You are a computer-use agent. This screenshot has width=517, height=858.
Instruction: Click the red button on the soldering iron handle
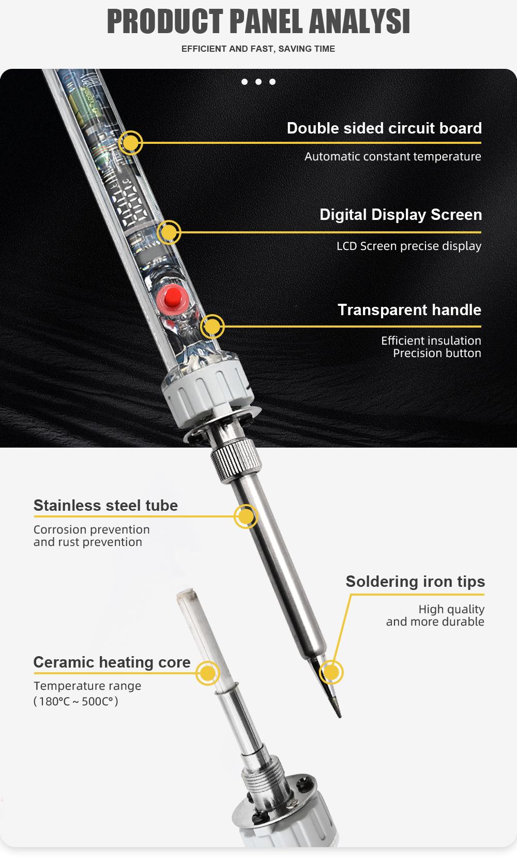[173, 297]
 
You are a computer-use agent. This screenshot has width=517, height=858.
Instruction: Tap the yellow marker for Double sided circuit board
[130, 143]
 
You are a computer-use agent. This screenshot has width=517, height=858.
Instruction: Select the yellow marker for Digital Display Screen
[169, 232]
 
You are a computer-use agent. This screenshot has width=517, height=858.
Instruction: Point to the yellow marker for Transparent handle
[212, 327]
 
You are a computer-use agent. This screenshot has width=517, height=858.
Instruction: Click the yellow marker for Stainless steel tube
[246, 516]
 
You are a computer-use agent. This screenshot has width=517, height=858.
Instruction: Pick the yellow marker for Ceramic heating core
[207, 673]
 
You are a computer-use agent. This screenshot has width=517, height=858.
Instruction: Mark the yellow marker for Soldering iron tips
[331, 672]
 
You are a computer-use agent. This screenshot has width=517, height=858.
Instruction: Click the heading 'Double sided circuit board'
[384, 128]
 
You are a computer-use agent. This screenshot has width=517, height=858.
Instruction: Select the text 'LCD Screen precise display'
[409, 246]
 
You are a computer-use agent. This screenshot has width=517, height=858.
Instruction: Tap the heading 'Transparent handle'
[409, 309]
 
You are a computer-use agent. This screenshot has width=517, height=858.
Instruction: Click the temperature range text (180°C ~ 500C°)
[76, 701]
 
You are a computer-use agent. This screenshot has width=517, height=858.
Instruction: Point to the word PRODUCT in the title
[165, 21]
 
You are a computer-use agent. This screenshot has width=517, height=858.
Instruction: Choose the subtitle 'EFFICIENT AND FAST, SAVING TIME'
[258, 49]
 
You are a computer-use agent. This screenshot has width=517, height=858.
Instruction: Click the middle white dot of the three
[258, 82]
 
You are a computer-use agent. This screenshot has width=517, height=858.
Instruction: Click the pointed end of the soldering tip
[340, 717]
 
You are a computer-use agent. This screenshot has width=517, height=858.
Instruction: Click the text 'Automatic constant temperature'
[392, 156]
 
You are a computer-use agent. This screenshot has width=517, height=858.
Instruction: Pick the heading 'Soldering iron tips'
[415, 582]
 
